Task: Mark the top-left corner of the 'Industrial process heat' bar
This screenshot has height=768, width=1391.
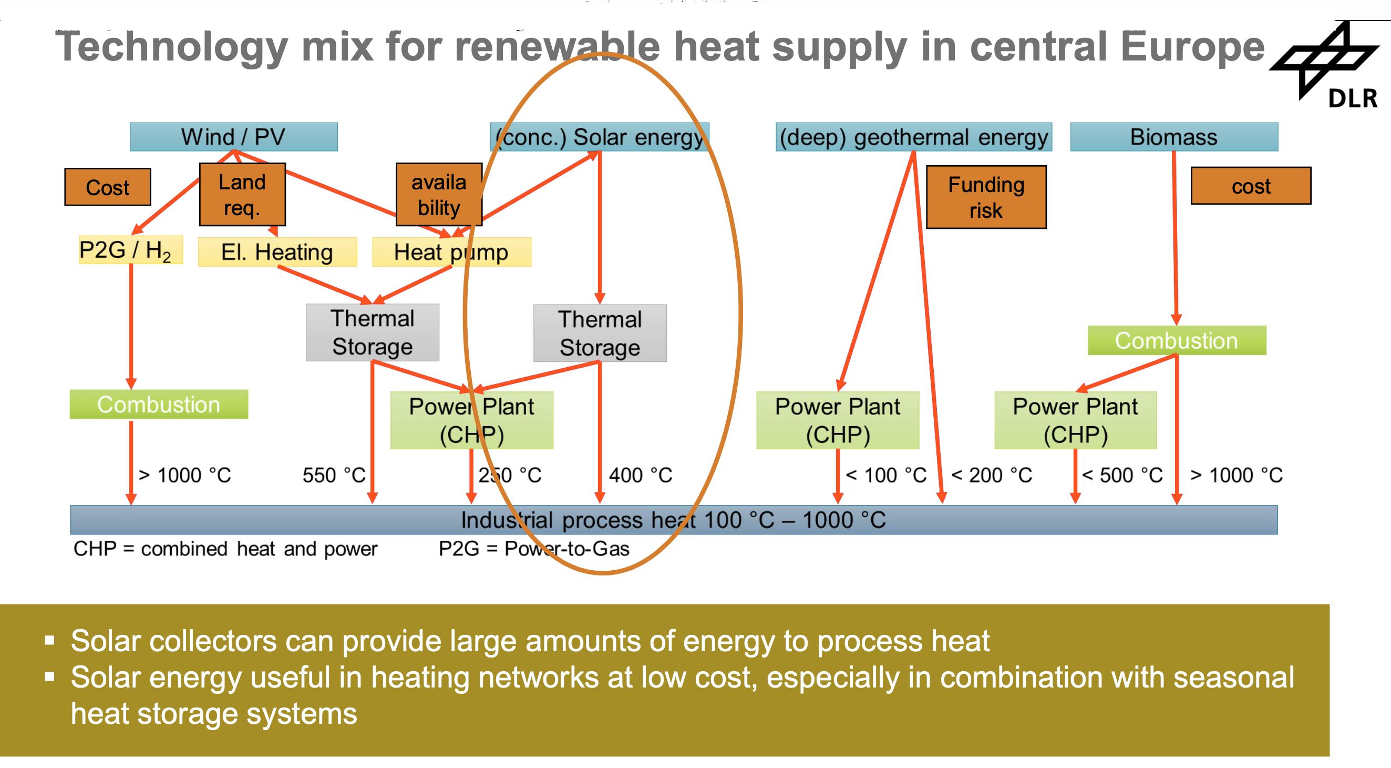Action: [71, 506]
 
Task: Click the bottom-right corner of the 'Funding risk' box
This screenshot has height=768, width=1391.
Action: [1046, 228]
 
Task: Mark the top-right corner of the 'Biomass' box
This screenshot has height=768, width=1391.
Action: [1278, 123]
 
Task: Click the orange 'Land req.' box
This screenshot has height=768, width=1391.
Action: [242, 195]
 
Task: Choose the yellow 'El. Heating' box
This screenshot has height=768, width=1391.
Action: [277, 252]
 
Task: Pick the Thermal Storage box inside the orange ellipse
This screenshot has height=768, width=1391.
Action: [600, 333]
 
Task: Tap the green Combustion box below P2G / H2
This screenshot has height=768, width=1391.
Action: [159, 405]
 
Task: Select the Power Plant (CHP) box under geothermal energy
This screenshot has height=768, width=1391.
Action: [838, 420]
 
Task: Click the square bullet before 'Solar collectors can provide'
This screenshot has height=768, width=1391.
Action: [50, 641]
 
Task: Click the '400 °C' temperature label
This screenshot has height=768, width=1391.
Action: [641, 476]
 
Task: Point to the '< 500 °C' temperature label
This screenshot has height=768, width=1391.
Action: [1122, 476]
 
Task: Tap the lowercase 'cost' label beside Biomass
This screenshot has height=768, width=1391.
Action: [1251, 186]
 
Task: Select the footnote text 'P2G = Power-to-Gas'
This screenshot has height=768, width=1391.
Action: [534, 549]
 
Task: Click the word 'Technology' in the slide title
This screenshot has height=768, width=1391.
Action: [172, 47]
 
